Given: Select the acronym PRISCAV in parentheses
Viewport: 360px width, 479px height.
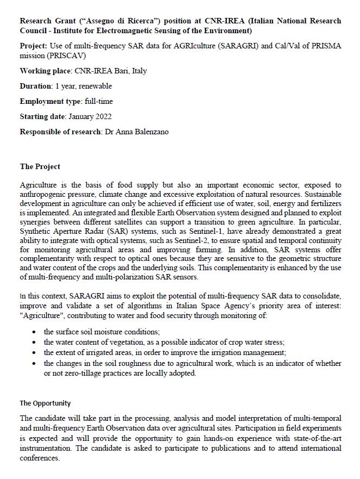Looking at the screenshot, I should pyautogui.click(x=62, y=55).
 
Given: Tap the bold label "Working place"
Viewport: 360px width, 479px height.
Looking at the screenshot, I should pyautogui.click(x=44, y=71).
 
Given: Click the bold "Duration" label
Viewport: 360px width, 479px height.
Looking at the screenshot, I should pyautogui.click(x=35, y=86).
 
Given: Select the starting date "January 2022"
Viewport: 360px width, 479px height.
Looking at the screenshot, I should pyautogui.click(x=90, y=116).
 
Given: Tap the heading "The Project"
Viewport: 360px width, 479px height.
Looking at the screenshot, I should pyautogui.click(x=40, y=166).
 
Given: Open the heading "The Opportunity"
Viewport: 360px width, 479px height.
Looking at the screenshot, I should pyautogui.click(x=45, y=403).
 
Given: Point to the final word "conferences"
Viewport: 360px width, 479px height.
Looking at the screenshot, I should pyautogui.click(x=39, y=458).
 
